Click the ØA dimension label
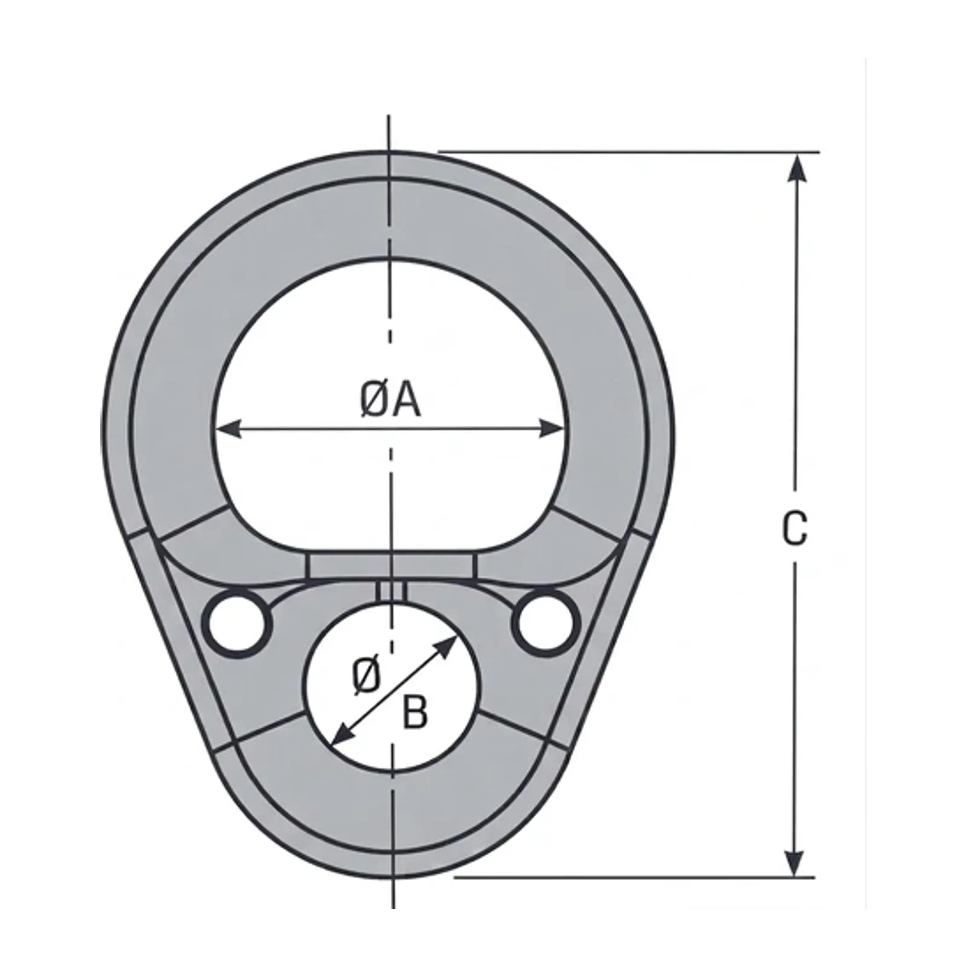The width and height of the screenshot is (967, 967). click(x=390, y=401)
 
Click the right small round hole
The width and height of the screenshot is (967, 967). click(x=546, y=622)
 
